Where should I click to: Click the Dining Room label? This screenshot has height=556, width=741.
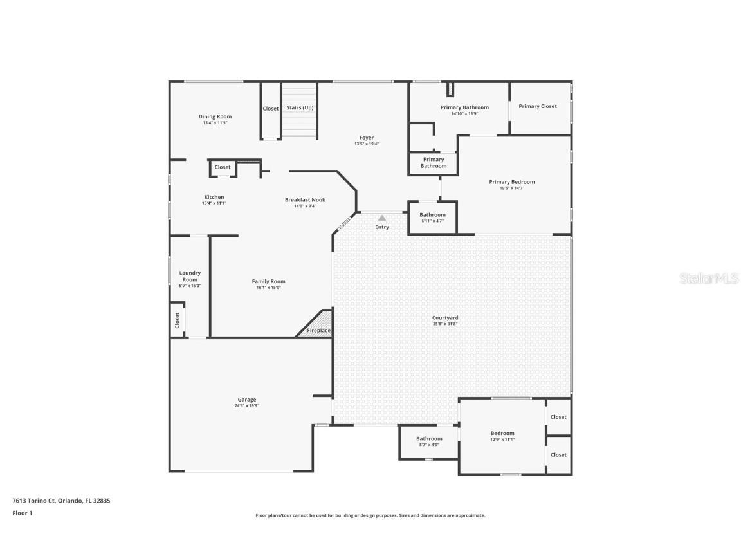tap(215, 116)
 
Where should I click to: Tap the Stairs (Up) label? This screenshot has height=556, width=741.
tap(299, 108)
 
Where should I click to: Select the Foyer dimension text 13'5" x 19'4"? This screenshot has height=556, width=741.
tap(367, 144)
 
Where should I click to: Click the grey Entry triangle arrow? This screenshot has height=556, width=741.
tap(382, 218)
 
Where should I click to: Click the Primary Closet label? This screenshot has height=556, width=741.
tap(538, 106)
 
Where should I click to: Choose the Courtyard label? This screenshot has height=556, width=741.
tap(445, 317)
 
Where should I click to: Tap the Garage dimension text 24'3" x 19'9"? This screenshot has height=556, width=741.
tap(247, 406)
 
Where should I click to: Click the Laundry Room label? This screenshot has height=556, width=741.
tap(190, 276)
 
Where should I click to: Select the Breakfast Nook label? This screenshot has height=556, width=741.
tap(305, 199)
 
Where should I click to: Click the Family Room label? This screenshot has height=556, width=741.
tap(268, 281)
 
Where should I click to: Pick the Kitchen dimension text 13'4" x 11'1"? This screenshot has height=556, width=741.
tap(214, 203)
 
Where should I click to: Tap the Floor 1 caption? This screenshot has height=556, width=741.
tap(22, 513)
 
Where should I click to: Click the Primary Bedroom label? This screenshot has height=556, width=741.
tap(511, 182)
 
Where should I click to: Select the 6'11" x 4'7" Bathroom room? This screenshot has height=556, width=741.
tap(432, 218)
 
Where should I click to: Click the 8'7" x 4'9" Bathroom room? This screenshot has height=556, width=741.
tap(428, 441)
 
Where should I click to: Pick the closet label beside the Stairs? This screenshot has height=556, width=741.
tap(271, 109)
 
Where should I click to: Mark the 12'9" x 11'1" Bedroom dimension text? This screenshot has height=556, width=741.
tap(502, 440)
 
